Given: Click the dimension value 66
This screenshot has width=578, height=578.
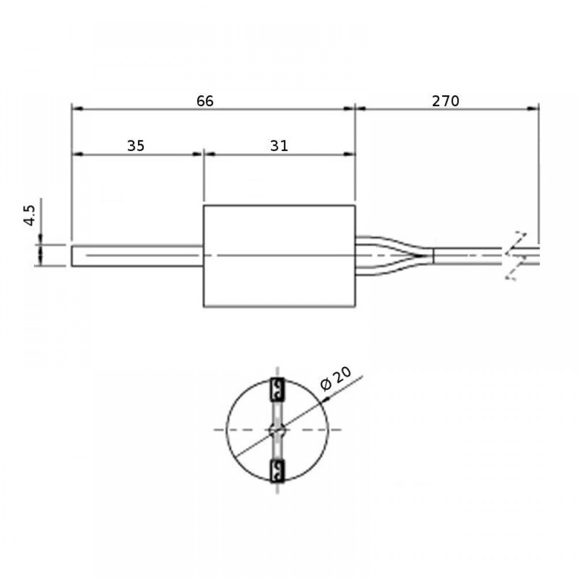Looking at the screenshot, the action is (x=205, y=101).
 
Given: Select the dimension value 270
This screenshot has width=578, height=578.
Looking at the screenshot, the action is (x=445, y=101).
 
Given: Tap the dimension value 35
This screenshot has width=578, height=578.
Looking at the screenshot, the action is (x=136, y=146).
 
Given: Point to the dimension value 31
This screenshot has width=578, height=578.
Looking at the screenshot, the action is (x=279, y=146).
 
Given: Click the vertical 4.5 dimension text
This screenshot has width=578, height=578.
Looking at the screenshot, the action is (x=29, y=215).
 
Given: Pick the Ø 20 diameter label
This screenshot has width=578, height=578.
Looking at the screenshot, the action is (x=336, y=379).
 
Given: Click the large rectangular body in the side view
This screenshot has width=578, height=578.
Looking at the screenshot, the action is (x=279, y=256).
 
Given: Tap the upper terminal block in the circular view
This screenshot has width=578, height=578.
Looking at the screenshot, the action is (x=277, y=390).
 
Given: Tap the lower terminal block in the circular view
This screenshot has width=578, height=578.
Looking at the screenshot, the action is (x=277, y=471).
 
